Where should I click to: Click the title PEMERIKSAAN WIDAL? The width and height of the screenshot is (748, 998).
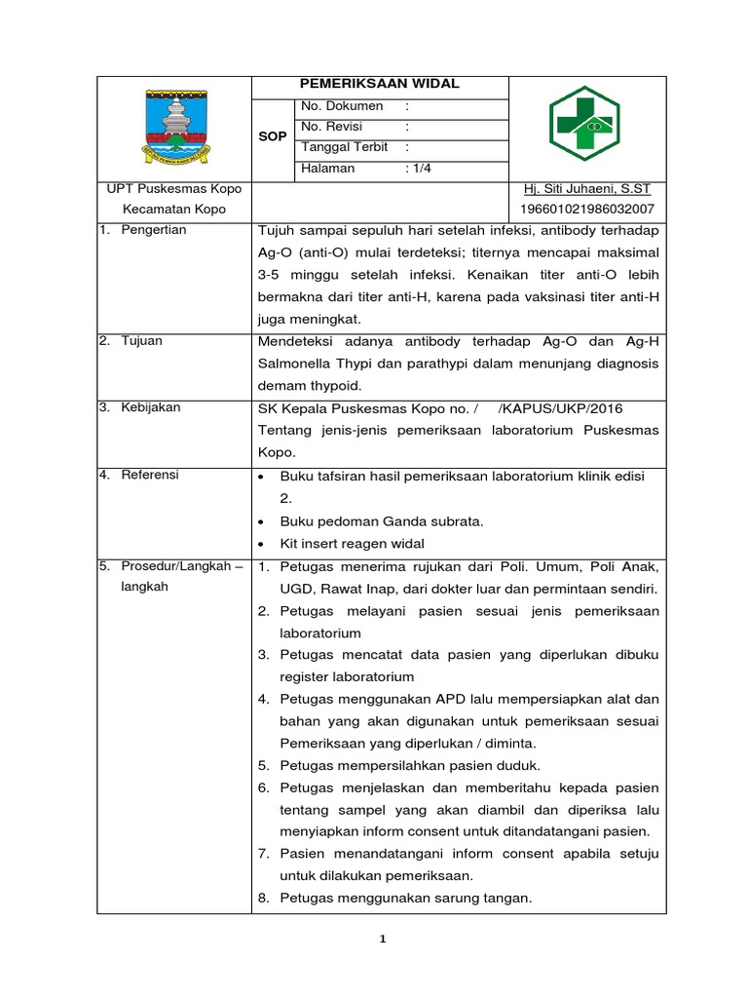click(x=380, y=85)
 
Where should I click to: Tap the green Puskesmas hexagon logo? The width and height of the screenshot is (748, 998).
click(x=584, y=124)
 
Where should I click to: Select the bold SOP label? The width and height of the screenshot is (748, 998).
click(x=273, y=137)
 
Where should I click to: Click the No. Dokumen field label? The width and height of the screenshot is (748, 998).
click(x=342, y=106)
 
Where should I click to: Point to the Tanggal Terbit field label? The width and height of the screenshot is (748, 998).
click(x=345, y=147)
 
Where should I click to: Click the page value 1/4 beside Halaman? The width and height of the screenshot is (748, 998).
click(x=422, y=168)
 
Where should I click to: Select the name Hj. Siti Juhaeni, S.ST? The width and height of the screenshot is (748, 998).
click(x=587, y=189)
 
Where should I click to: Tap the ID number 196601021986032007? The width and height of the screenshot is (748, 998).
click(x=588, y=210)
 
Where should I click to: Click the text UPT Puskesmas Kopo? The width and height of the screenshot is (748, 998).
click(x=174, y=189)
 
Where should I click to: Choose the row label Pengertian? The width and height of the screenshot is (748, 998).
click(x=153, y=230)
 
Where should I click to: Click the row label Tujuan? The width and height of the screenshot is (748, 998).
click(x=142, y=341)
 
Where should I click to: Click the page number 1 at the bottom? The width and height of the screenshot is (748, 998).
click(x=383, y=940)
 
